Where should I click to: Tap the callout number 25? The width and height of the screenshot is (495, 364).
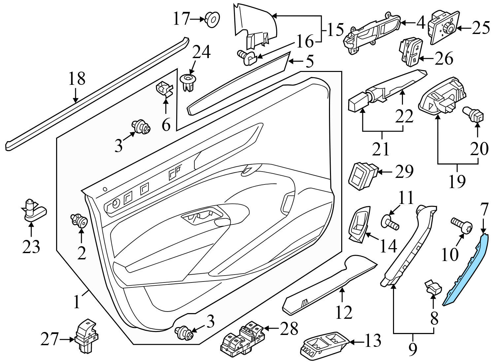click(x=480, y=28)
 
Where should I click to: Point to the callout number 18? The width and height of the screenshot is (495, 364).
click(x=77, y=79)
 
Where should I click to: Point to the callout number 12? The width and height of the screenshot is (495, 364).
click(x=344, y=312)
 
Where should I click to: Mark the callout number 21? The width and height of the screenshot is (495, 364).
click(x=381, y=149)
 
